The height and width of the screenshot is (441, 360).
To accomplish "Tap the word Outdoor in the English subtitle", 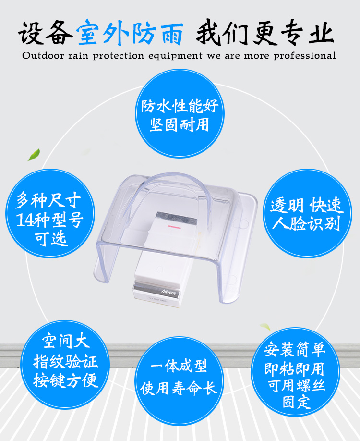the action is click(43, 55).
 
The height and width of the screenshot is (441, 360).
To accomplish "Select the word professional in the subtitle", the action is click(305, 55).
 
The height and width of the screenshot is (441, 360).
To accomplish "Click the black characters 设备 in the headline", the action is click(46, 33).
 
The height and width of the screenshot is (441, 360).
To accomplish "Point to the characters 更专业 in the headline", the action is click(293, 33).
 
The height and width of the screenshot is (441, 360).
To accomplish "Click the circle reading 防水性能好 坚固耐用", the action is click(180, 114).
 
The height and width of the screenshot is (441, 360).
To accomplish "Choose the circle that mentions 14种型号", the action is click(50, 213).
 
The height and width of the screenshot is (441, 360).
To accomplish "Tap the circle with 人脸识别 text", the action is click(307, 213).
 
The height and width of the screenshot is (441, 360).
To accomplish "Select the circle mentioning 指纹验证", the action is click(65, 365).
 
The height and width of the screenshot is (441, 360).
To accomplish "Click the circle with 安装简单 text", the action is click(295, 372).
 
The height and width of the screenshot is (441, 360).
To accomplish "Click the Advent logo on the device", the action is click(168, 292).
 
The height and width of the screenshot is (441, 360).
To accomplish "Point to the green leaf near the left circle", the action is click(34, 155).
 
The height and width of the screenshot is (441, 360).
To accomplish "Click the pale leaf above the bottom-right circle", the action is click(265, 327).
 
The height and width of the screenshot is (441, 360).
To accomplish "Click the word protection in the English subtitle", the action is click(118, 56).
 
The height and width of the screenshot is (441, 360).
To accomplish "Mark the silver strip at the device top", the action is click(177, 218).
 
